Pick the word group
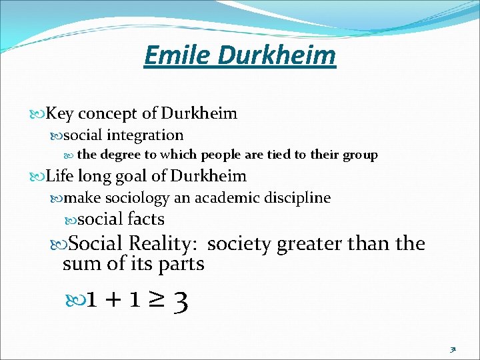click(360, 155)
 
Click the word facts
click(145, 219)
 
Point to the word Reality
click(166, 243)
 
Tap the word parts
click(181, 264)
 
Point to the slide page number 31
click(453, 348)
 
